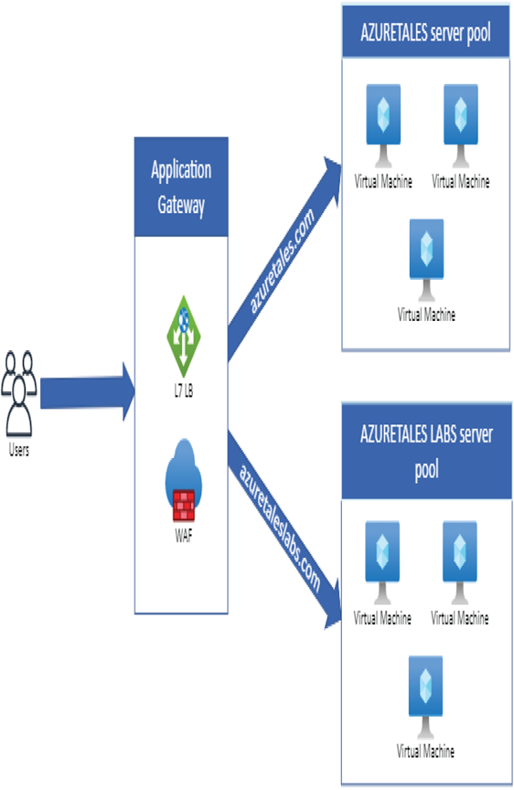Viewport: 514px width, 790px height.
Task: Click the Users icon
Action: coord(18,393)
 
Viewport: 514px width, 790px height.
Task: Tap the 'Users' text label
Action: coord(19,450)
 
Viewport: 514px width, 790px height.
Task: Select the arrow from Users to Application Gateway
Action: coord(88,392)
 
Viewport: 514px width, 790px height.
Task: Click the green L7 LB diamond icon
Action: coord(184,336)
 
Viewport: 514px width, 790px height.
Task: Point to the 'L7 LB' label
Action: coord(184,390)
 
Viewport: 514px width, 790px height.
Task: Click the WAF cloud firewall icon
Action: coord(184,480)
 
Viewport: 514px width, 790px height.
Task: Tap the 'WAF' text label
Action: coord(184,535)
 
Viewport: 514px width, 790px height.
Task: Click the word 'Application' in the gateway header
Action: coord(181,170)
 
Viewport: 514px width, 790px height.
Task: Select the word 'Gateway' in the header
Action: coord(181,205)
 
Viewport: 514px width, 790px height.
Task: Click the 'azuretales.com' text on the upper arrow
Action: coord(283,261)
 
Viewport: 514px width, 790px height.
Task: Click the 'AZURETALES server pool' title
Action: coord(426,33)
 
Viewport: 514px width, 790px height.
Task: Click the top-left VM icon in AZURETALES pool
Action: coord(383,126)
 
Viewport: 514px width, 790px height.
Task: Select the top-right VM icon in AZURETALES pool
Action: coord(461,126)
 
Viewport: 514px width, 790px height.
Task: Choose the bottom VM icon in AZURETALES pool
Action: coord(426,260)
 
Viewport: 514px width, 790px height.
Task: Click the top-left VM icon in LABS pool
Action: coord(382,562)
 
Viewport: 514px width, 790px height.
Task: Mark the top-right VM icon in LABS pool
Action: coord(459,562)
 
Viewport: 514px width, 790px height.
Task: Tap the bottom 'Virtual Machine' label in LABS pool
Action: coord(425,752)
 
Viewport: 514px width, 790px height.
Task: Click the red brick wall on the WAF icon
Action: coord(184,506)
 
